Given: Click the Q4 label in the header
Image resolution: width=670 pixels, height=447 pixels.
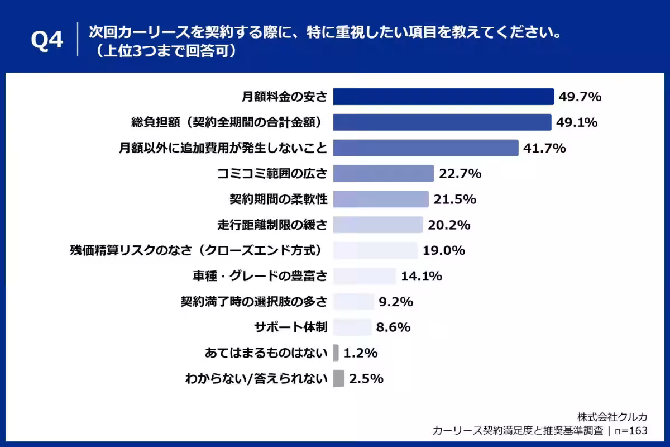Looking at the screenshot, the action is [x=47, y=40].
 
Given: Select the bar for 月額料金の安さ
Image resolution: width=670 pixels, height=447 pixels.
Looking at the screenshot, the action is [x=443, y=97].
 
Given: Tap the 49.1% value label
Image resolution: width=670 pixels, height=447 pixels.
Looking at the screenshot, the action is [x=577, y=122].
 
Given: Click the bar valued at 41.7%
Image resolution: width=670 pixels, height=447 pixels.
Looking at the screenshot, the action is [x=426, y=148].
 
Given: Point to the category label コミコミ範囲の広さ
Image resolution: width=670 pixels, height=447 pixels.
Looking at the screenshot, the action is [x=272, y=174].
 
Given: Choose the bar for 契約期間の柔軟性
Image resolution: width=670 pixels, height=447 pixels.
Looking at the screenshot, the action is [x=381, y=199].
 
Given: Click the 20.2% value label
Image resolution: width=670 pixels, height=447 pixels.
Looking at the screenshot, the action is [x=449, y=225].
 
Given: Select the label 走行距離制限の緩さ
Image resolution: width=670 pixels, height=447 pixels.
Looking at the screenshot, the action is [x=272, y=225].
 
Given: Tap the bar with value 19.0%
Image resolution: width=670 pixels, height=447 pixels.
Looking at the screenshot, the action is [x=375, y=250].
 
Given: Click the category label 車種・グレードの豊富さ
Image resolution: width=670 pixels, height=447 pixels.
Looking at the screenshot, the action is [x=260, y=276].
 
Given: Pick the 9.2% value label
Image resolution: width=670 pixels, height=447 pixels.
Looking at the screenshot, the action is [x=396, y=302].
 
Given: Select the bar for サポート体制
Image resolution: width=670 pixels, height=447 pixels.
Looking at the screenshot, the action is [x=352, y=327].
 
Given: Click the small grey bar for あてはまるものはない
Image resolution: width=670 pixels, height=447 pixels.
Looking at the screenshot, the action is [x=336, y=353].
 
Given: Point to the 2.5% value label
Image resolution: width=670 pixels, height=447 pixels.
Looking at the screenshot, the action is [x=366, y=379].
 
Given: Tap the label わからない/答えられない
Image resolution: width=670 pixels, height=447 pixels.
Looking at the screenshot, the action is [x=256, y=379].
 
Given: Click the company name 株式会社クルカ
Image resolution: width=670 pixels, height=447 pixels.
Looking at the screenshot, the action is [x=612, y=417].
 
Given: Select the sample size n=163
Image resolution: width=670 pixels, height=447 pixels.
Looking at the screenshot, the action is [x=631, y=431].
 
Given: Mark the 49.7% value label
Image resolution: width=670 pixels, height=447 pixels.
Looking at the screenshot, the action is [x=580, y=97].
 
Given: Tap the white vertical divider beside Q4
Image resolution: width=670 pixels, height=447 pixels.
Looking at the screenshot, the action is [x=78, y=39].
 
